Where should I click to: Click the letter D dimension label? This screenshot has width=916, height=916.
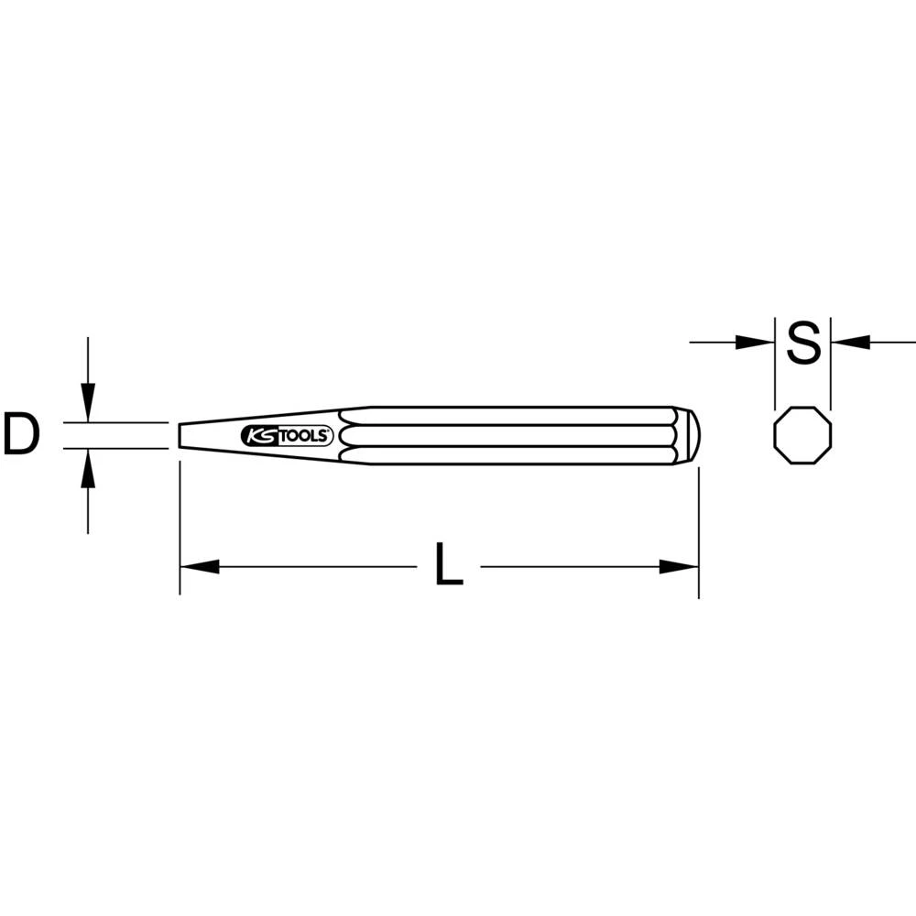coord(21,435)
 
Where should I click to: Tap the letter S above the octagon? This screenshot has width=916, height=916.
coord(803,343)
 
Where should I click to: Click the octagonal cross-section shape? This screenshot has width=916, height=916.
coord(803,435)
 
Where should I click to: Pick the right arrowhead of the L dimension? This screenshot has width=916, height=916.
coord(680,567)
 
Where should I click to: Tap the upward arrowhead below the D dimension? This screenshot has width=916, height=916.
coord(88,468)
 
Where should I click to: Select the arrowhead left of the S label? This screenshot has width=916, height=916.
coord(757,343)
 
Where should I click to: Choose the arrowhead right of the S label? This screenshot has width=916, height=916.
coord(849,343)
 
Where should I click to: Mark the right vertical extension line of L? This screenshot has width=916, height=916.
coord(699,531)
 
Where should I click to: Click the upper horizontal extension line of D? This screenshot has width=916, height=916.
coord(119,422)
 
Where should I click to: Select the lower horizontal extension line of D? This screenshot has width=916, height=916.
coord(119,449)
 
